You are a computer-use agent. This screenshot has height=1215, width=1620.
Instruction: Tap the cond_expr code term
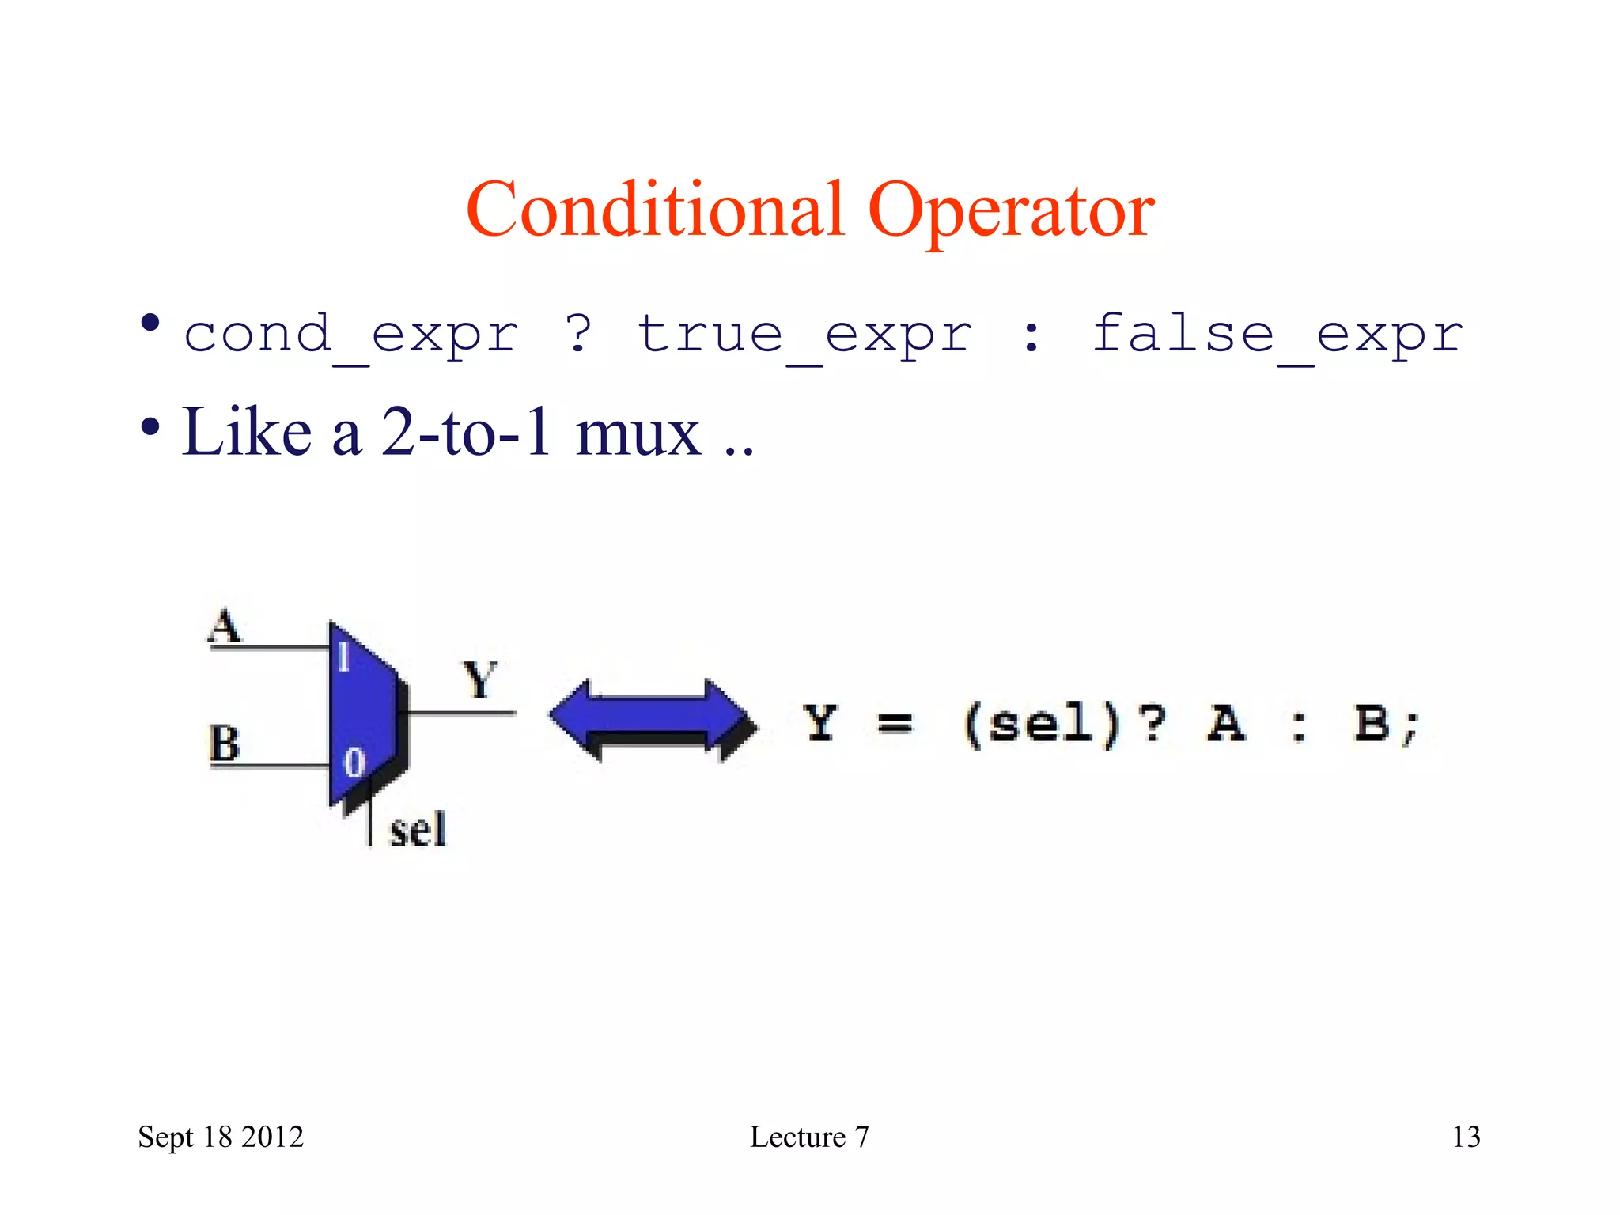[351, 335]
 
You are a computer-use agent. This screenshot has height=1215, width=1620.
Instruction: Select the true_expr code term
[804, 335]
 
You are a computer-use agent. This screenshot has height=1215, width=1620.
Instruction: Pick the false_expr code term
[1277, 335]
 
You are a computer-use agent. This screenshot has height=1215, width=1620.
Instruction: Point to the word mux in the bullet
[638, 433]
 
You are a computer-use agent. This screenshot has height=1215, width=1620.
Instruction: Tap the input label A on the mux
[225, 626]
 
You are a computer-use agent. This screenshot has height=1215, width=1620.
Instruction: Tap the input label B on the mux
[225, 744]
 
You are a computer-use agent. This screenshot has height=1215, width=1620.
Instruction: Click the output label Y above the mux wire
[479, 680]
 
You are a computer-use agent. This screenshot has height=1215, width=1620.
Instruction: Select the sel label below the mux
[418, 830]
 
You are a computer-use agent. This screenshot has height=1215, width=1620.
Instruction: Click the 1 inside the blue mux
[343, 657]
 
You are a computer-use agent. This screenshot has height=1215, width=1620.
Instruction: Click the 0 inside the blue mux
[354, 763]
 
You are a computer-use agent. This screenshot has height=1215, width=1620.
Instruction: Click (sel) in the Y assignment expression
[1041, 724]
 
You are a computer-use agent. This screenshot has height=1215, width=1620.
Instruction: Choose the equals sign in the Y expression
[895, 723]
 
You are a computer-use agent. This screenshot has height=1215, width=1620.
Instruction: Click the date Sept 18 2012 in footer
[221, 1137]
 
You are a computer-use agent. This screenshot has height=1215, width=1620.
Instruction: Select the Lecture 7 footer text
[809, 1137]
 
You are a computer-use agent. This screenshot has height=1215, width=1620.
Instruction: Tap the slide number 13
[1466, 1137]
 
